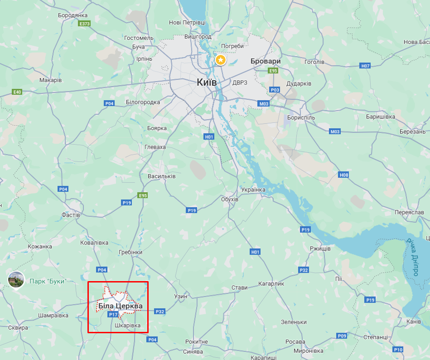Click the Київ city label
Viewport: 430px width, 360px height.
[207, 83]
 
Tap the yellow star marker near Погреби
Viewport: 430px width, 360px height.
[220, 60]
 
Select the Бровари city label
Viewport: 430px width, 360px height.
[266, 61]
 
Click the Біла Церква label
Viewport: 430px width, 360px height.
[120, 306]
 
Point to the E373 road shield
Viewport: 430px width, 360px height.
[84, 24]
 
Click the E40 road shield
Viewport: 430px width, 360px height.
[17, 92]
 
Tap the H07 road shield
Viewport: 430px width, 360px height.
[366, 66]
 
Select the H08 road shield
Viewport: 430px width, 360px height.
[344, 175]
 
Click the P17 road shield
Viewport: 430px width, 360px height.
[113, 314]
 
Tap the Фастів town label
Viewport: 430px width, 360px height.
[71, 214]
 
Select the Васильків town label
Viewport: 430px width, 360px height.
[162, 176]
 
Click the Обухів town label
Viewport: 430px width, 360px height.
[229, 199]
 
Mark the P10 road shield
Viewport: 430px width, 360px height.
[398, 350]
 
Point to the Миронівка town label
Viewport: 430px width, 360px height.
[308, 351]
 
